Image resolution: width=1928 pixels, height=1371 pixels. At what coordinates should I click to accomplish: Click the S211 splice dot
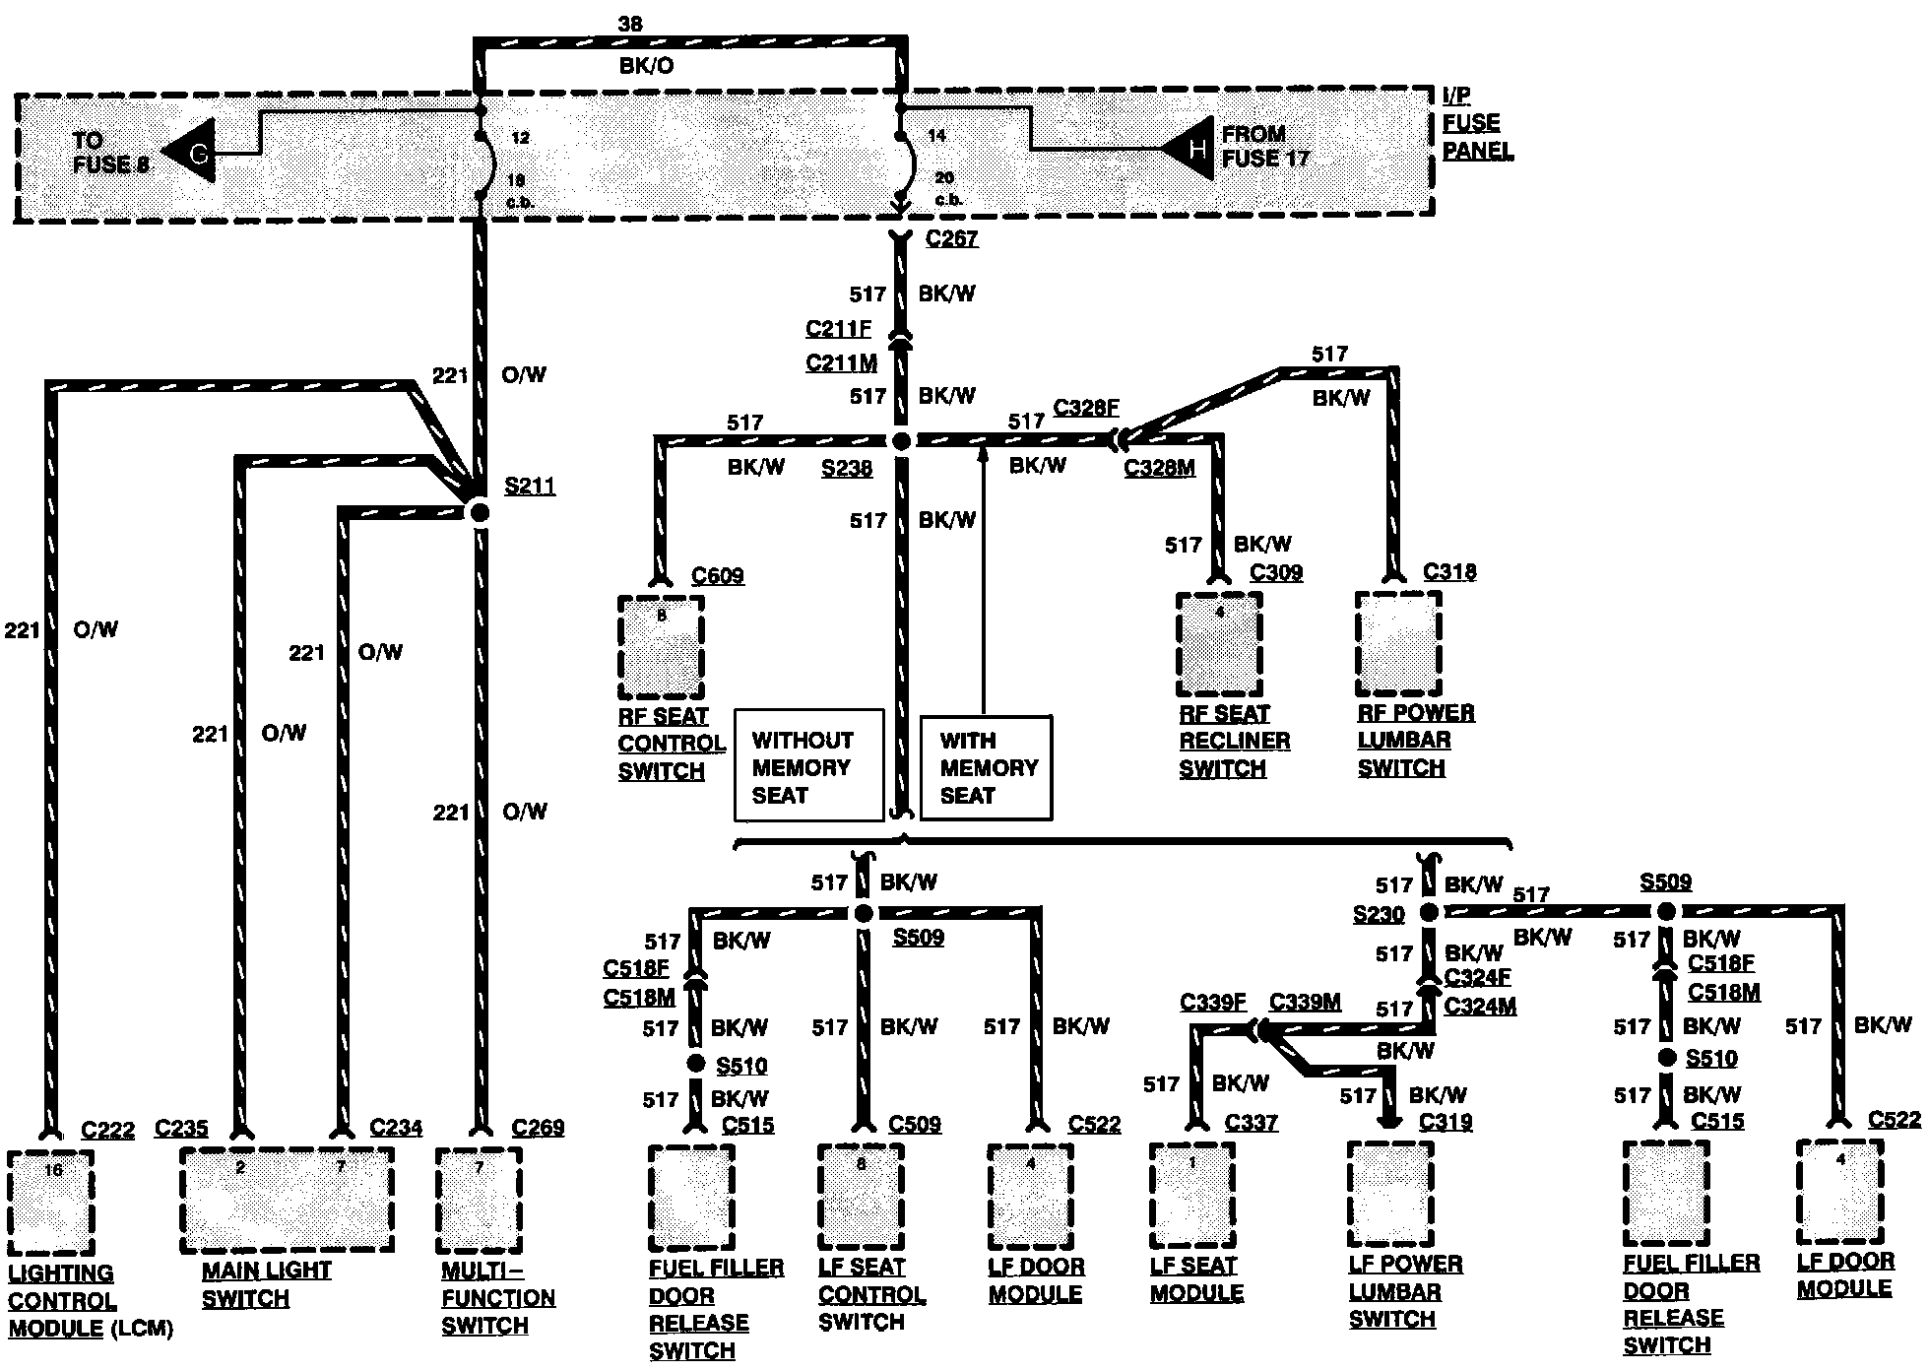479,511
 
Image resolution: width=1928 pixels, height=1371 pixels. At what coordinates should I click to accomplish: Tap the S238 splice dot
901,442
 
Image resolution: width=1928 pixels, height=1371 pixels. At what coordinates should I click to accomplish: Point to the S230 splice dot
1429,912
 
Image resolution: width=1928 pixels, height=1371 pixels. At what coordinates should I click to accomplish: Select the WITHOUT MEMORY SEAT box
808,765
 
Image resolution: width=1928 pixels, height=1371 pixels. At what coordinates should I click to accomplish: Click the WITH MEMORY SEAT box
987,767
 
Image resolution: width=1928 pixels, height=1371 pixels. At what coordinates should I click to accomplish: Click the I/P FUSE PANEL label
1476,124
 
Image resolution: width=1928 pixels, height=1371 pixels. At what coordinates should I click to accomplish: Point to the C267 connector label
951,238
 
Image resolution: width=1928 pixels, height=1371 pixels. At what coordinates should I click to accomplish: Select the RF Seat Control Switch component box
661,646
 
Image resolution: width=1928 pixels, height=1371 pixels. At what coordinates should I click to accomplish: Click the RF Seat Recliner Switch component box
1219,644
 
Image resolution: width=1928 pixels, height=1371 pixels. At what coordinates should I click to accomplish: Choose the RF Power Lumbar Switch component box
1398,644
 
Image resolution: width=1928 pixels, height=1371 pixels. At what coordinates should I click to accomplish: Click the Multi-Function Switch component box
479,1199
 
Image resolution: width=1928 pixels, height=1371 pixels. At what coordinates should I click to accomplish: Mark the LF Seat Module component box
1191,1195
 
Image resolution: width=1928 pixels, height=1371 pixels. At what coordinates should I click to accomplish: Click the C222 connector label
107,1130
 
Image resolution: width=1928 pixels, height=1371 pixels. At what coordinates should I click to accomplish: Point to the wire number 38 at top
630,23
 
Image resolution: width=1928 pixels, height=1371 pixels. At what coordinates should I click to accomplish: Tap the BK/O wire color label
647,66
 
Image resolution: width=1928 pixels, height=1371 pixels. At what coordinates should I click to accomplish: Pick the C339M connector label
1305,1003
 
